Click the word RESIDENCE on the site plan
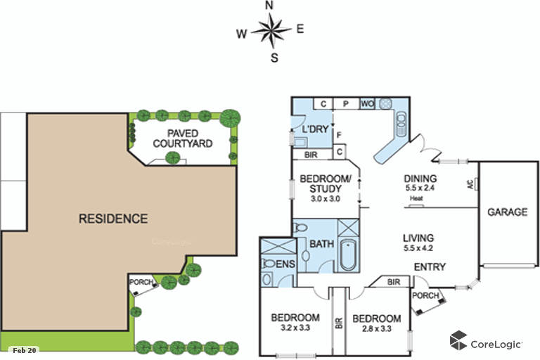(x=113, y=219)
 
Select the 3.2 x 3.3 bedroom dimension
(x=295, y=328)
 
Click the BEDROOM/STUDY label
(x=321, y=184)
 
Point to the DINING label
(x=420, y=179)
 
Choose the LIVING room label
(x=418, y=238)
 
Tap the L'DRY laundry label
(x=316, y=130)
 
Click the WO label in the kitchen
(x=367, y=104)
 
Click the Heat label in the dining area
(x=417, y=198)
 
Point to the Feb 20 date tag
(x=24, y=349)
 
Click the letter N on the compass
(x=269, y=6)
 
